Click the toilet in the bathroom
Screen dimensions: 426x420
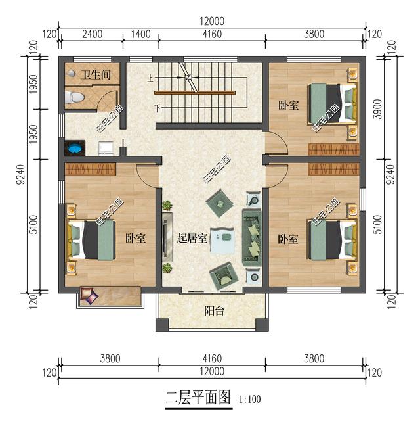coord(75,98)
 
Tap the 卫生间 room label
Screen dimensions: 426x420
coord(95,76)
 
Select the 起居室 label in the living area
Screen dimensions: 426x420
coord(192,238)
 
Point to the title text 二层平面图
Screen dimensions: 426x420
coord(198,398)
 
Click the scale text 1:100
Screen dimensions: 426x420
coord(250,399)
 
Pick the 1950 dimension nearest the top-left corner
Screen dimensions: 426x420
coord(34,83)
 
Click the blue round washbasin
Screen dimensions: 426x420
coord(73,147)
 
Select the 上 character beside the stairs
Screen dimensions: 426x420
coord(150,78)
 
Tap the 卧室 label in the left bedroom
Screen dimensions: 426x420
coord(135,238)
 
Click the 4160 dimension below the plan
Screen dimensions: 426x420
coord(211,359)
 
